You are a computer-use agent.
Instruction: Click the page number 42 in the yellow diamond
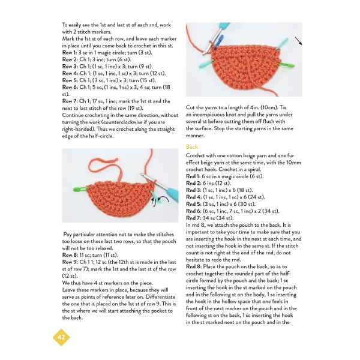[61, 337]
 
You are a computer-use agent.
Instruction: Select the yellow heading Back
[192, 147]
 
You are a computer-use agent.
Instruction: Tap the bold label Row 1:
[70, 53]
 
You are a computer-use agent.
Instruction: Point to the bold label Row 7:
[70, 101]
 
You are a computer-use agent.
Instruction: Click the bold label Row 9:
[70, 262]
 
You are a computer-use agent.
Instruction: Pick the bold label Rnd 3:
[194, 190]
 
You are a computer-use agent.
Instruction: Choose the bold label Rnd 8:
[194, 267]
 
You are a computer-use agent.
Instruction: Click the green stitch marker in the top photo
[287, 65]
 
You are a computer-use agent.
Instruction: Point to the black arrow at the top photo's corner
[298, 41]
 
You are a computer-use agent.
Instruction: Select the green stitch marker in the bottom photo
[81, 190]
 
